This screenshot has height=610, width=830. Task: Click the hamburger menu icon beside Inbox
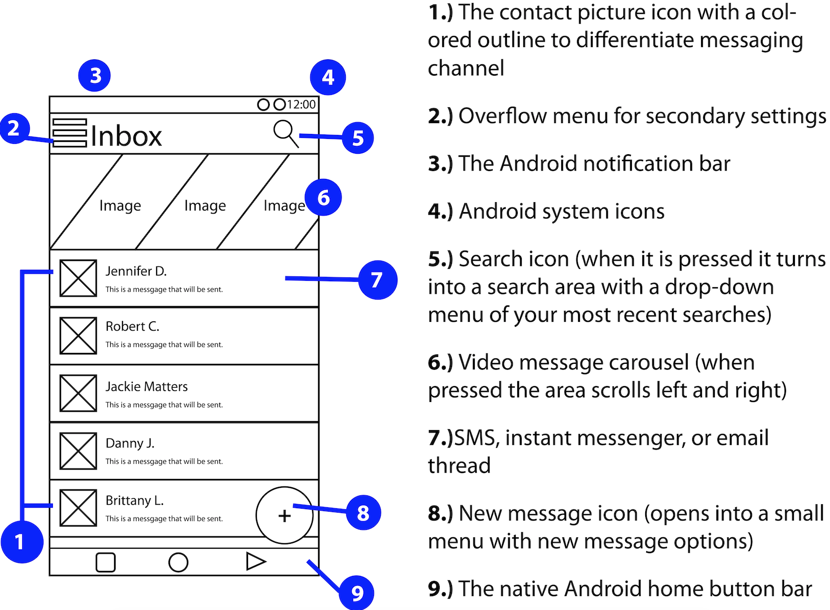70,133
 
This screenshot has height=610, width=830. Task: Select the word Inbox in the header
126,136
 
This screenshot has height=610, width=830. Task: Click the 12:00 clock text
301,105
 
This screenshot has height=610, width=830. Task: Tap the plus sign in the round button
285,516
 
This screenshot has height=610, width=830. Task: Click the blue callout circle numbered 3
94,76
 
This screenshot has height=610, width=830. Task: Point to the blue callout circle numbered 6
323,198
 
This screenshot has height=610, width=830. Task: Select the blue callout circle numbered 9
357,593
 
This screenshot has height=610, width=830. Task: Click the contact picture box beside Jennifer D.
78,278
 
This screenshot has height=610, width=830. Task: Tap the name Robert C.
132,326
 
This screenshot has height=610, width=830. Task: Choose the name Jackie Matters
147,387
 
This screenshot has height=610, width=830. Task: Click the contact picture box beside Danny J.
78,451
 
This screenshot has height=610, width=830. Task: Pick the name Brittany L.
134,500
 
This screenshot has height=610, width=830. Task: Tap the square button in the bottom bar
105,562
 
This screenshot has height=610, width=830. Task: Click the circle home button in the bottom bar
178,562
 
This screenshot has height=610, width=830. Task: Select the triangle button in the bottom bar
255,562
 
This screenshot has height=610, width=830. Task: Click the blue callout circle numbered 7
377,280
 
